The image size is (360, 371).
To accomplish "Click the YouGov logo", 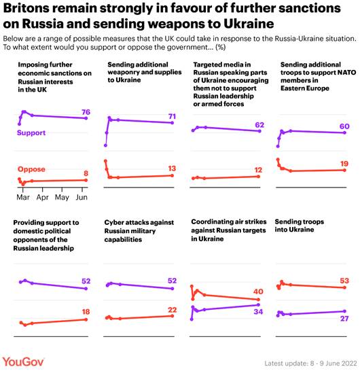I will [x=25, y=360].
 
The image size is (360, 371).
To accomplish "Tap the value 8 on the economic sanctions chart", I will [x=86, y=174].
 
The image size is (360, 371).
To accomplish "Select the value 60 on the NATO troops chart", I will [x=344, y=126].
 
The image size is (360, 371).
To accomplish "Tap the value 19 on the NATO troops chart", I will [x=344, y=164].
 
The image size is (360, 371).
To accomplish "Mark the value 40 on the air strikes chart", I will [x=257, y=291].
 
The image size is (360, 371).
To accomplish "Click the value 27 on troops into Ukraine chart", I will [x=344, y=318].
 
